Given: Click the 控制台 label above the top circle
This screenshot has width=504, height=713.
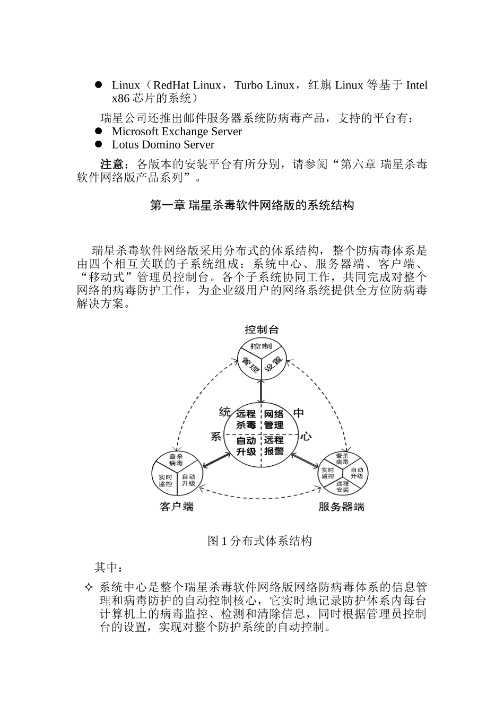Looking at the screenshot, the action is tap(261, 329).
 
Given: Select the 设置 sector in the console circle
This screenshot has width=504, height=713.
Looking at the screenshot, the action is tap(272, 366).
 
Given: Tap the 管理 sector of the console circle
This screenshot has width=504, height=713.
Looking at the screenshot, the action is tap(250, 366).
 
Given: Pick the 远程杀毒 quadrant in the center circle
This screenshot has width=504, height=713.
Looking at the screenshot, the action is tap(246, 419).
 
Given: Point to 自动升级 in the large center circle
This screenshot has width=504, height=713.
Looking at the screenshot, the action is tap(246, 446).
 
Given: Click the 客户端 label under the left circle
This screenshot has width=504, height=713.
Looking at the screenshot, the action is tap(177, 507).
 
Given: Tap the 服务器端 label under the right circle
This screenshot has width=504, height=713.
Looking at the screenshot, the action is tap(341, 507).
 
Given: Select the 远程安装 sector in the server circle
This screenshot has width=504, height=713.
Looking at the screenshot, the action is tap(342, 486).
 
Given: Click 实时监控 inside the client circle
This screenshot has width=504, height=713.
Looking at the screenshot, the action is tap(165, 480).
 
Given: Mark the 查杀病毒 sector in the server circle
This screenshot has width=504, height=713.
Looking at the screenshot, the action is tap(342, 459).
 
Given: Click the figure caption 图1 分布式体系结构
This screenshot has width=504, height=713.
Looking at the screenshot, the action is tap(259, 541).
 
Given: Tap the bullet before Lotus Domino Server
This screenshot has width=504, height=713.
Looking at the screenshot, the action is tap(98, 144).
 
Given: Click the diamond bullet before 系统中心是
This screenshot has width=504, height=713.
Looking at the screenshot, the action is tap(89, 587).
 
